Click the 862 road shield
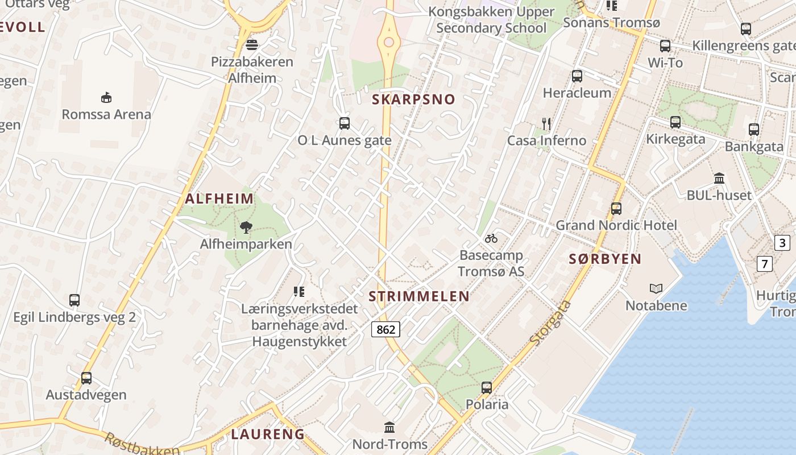tap(386, 329)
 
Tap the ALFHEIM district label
tap(219, 198)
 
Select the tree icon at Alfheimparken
tap(246, 227)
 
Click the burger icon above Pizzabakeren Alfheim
tap(252, 45)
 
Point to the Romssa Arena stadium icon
tap(106, 98)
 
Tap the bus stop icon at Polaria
tap(487, 388)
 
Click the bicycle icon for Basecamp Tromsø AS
tap(491, 238)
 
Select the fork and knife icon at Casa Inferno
tap(546, 123)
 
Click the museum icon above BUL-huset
tap(719, 179)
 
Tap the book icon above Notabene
tap(656, 289)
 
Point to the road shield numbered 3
tap(782, 243)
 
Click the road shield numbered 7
tap(765, 264)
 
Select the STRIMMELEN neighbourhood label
tap(419, 296)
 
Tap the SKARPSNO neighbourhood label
tap(413, 100)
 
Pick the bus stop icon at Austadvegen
tap(86, 378)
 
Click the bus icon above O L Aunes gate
tap(344, 123)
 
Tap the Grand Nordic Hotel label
tap(616, 225)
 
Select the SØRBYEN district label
tap(605, 259)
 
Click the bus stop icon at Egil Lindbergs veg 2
tap(74, 300)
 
